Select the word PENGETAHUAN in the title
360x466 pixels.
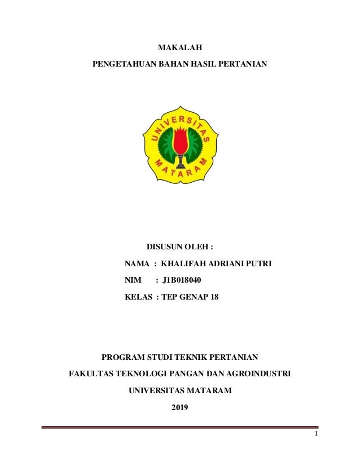116,66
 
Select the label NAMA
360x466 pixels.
137,263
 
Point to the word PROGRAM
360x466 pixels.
121,357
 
